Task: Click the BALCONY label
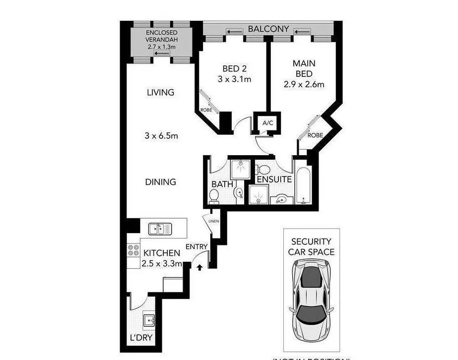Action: tap(268, 29)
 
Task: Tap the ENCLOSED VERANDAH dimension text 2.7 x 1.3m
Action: tap(162, 47)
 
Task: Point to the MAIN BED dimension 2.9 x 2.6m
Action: tap(304, 84)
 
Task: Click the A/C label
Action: tap(268, 123)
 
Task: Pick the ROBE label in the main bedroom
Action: tap(315, 135)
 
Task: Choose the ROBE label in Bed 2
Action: tap(206, 110)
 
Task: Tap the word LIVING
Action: tap(160, 92)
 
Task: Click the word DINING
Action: tap(160, 182)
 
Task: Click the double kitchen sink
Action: tap(160, 229)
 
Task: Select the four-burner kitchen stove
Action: tap(133, 250)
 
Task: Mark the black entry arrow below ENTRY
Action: tap(199, 267)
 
